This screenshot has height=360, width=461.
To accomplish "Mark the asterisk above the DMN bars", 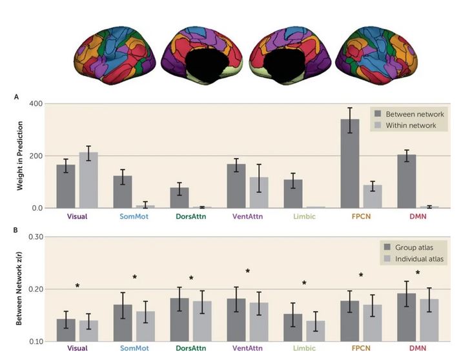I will click(x=418, y=273).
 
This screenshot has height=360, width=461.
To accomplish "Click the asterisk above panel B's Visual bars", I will click(x=77, y=286).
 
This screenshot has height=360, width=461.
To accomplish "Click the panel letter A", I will click(x=15, y=96).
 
